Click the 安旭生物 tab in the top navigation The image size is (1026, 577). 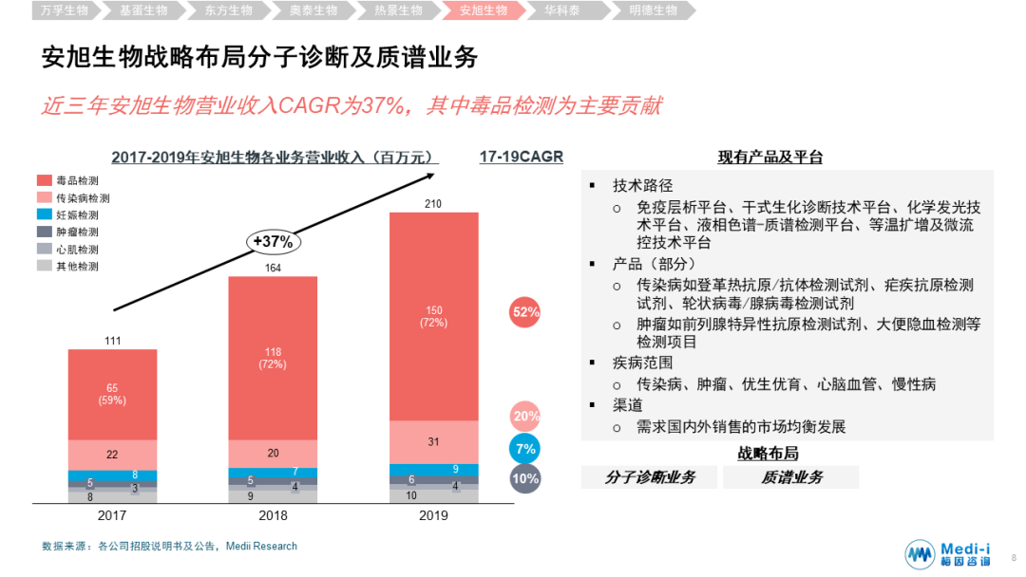click(483, 11)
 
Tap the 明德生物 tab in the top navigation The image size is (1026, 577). click(653, 11)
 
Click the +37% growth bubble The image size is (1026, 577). click(273, 241)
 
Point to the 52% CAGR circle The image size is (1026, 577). click(525, 311)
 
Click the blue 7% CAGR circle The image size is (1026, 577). click(525, 448)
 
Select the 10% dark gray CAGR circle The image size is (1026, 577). click(525, 479)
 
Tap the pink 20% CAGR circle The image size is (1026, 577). click(525, 416)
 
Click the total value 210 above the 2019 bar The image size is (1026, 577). click(434, 204)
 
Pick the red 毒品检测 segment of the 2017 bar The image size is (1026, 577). click(112, 394)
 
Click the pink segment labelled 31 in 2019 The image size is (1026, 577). click(434, 442)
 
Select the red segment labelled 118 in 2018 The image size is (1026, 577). click(273, 358)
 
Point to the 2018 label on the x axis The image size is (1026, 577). click(273, 516)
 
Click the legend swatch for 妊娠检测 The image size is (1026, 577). click(45, 214)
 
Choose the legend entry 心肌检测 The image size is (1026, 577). click(77, 249)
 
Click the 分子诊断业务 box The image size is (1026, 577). click(650, 477)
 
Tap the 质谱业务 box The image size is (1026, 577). click(791, 477)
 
